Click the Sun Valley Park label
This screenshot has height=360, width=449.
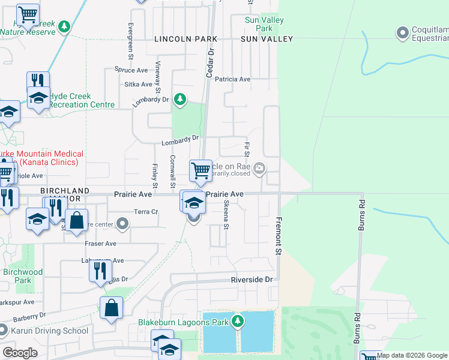pos(264,24)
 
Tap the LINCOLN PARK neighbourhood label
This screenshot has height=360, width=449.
pos(185,39)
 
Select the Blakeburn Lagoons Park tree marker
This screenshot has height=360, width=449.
pos(238,322)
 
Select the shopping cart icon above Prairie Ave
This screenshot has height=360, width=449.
pos(200,171)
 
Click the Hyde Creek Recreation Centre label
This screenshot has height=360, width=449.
pos(81,100)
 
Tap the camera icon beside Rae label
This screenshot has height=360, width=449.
pos(259,168)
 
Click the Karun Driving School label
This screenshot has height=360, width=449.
pos(50,331)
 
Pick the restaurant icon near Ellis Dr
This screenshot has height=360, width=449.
pos(100,271)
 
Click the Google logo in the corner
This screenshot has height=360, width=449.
pos(20,353)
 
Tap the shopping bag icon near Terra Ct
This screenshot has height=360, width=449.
pos(77,220)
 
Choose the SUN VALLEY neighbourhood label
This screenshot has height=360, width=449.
pos(267,39)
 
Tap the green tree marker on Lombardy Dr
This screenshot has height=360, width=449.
pos(179,99)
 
